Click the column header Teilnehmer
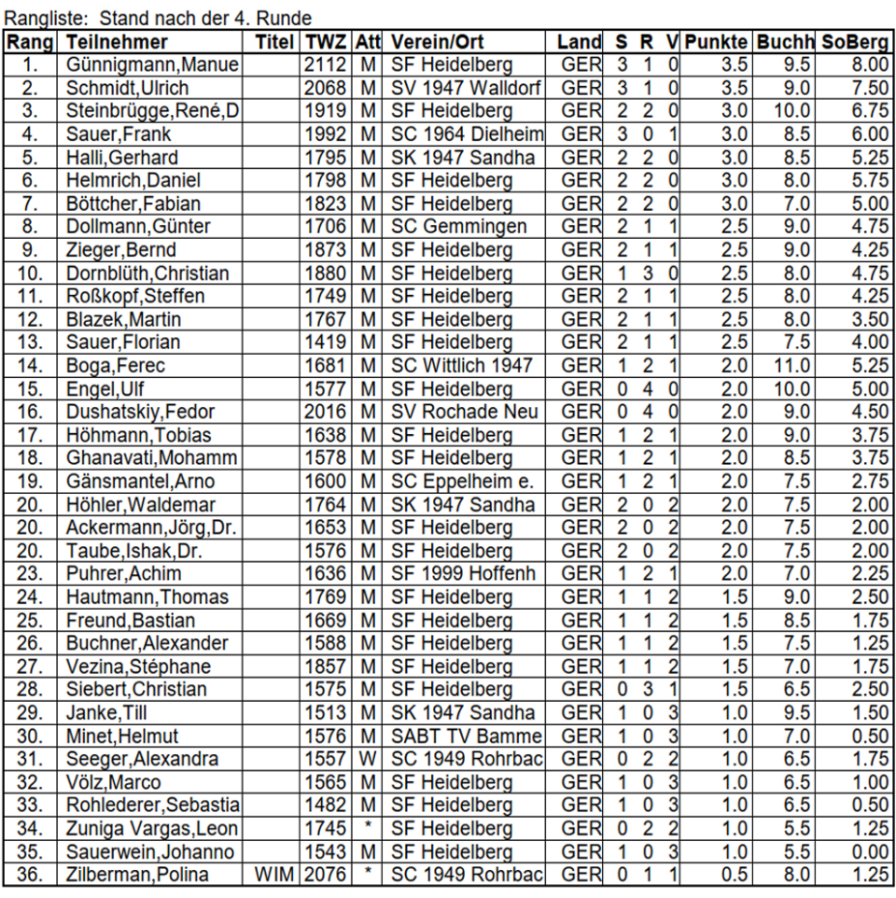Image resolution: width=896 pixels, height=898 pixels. (x=117, y=43)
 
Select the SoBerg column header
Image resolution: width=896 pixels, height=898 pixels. (x=855, y=43)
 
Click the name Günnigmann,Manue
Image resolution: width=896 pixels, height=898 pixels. (x=153, y=64)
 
